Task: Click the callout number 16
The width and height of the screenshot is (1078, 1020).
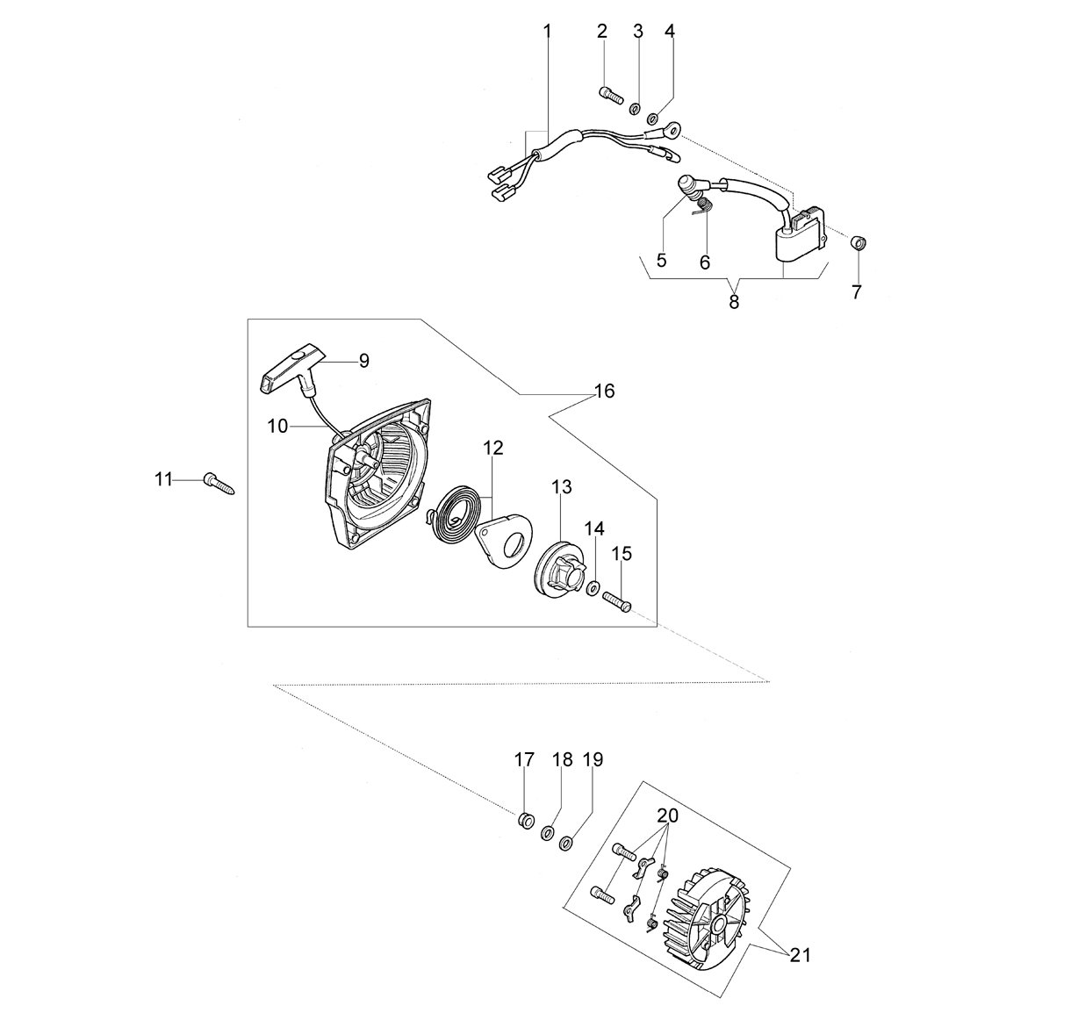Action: (604, 391)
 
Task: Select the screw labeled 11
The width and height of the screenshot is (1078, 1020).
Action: (219, 483)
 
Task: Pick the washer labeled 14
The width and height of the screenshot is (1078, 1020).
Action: (593, 589)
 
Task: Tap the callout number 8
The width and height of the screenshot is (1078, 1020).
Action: (734, 302)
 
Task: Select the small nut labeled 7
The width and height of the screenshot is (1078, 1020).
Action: (859, 242)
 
